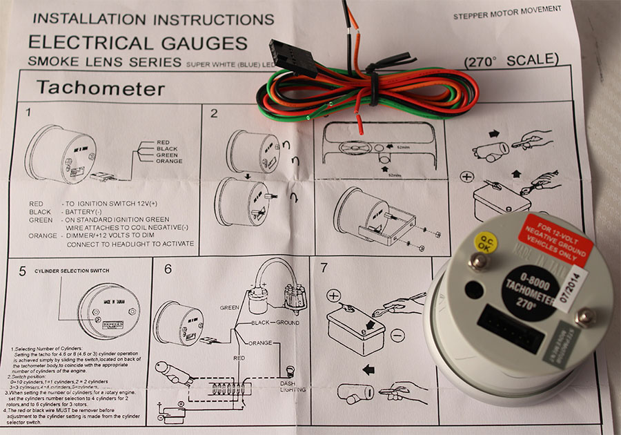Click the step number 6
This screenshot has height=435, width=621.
point(168,270)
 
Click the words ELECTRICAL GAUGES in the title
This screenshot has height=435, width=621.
point(137,43)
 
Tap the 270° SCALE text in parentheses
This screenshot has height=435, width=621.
point(511,59)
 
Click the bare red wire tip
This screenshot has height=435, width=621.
point(359,126)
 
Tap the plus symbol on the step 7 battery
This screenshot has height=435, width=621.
point(333,296)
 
